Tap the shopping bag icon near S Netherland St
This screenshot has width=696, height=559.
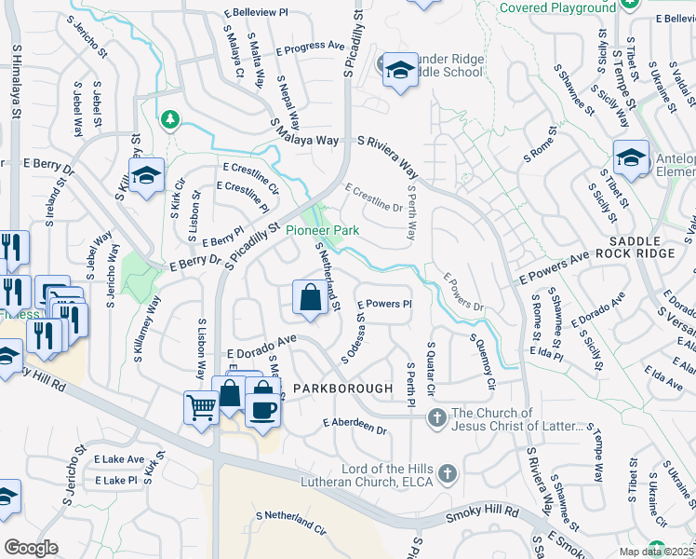309,297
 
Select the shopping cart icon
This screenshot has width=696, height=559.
201,406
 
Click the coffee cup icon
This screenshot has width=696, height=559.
262,411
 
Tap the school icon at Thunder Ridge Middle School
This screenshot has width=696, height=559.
400,70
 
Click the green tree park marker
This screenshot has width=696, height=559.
169,118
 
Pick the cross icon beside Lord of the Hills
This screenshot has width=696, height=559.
448,474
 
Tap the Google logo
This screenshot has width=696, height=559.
31,548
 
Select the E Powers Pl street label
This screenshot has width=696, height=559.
381,304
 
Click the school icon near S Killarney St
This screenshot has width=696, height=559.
146,175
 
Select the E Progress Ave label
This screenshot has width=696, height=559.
311,45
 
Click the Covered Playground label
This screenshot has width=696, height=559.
557,7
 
